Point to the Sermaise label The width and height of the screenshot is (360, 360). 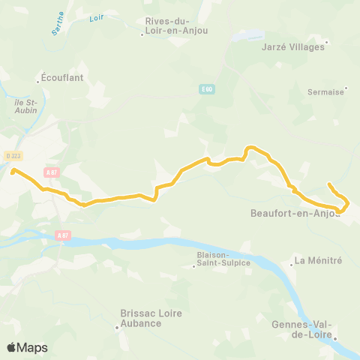tap(325, 91)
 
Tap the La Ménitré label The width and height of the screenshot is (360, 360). tap(318, 260)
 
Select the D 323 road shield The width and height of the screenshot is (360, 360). tap(13, 155)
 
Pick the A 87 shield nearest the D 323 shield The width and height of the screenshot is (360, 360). tap(51, 172)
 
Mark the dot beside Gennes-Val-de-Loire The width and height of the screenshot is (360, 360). tap(335, 338)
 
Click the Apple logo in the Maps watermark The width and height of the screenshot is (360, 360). tap(12, 347)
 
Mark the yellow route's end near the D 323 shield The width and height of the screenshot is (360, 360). tap(13, 171)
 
